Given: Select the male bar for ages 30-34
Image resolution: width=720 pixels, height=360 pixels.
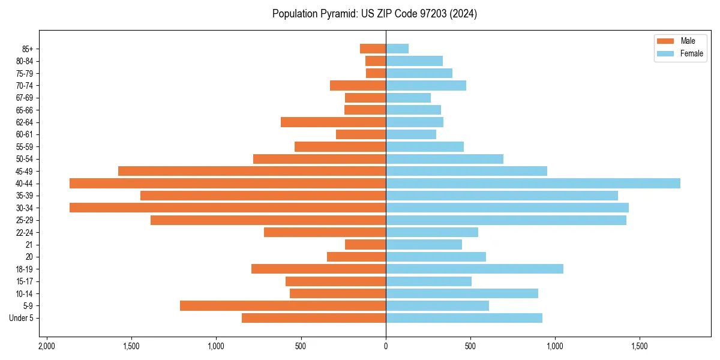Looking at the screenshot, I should (228, 208).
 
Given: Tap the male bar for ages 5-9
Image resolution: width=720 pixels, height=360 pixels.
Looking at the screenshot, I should (283, 305).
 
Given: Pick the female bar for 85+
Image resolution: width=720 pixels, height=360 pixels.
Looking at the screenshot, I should (397, 49).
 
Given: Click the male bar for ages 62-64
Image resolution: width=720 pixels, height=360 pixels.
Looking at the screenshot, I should (333, 122).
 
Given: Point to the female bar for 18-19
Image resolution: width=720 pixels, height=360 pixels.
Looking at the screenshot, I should (475, 269).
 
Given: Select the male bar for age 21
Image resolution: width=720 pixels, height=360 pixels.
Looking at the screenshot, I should (365, 244).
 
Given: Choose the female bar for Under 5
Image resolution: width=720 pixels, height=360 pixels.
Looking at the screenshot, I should (464, 317).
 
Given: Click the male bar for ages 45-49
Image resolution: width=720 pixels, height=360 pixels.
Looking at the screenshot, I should (252, 171).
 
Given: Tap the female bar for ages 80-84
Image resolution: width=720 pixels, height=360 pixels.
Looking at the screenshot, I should (414, 61).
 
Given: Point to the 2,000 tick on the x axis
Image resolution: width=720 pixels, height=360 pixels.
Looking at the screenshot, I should (46, 347).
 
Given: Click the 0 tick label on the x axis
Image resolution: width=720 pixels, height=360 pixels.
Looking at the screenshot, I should (386, 347).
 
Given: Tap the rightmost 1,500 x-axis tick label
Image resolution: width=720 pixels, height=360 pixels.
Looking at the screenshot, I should (640, 347).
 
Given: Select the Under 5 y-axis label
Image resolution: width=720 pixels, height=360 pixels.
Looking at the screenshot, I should (21, 317).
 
